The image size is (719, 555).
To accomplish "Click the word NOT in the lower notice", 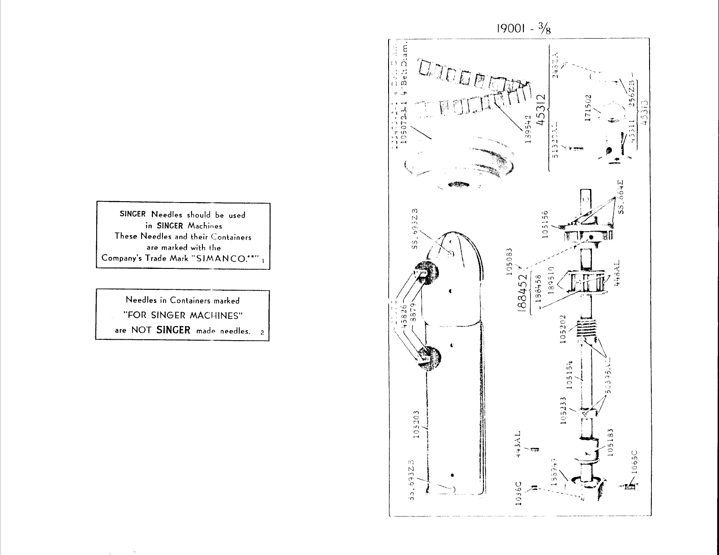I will pyautogui.click(x=141, y=331).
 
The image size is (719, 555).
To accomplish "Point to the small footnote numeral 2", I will pyautogui.click(x=262, y=332).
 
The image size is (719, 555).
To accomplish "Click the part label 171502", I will pyautogui.click(x=588, y=108).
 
